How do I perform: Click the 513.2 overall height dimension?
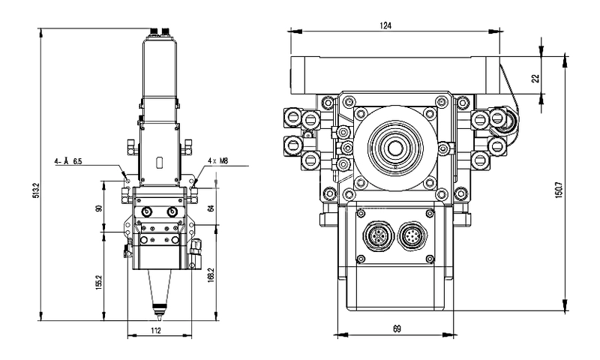coord(36,190)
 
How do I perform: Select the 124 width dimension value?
coord(385,25)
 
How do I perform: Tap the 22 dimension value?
coord(536,78)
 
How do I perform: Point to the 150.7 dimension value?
coord(558,190)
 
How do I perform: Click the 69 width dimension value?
coord(397,328)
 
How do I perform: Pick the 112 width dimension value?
coord(156,331)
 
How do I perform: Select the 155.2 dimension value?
coord(99,282)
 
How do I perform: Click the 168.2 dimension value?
coord(210,275)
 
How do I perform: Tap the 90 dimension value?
coord(99,208)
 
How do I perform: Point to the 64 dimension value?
coord(210,208)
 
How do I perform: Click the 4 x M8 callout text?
coord(217,160)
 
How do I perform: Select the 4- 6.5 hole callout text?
coord(68,161)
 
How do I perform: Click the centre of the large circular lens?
coord(395,147)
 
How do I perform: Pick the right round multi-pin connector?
coord(413,235)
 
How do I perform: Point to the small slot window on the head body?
coord(160,163)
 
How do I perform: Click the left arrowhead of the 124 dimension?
coord(295,31)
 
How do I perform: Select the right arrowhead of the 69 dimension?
coord(448,335)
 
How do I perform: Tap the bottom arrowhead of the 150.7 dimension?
coord(565,305)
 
